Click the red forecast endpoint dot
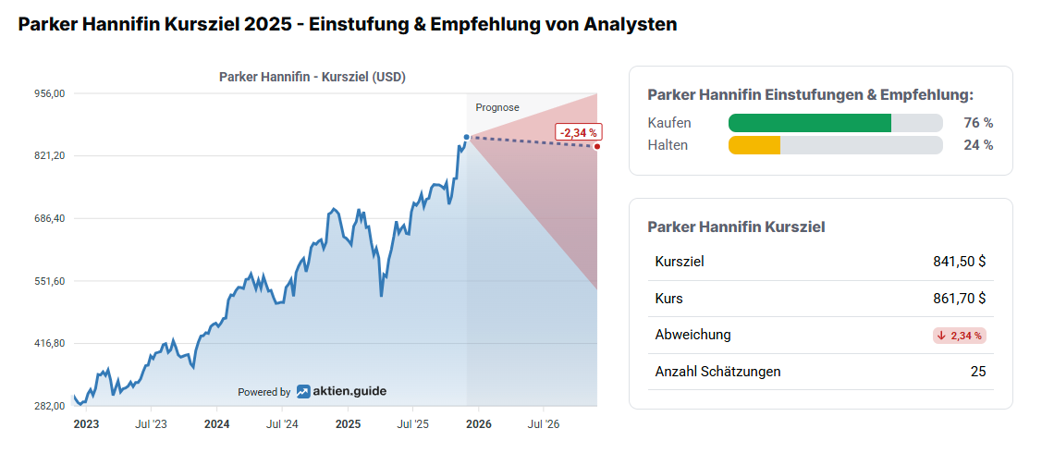tap(597, 146)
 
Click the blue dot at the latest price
tap(467, 137)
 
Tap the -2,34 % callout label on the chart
tap(579, 133)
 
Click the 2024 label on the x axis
tap(216, 424)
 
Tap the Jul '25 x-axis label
tap(412, 424)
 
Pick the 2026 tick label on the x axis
tap(478, 424)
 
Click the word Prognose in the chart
tap(497, 107)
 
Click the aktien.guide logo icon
tap(303, 391)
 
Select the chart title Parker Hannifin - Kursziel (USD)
tap(313, 77)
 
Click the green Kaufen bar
tap(810, 123)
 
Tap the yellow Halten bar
tap(754, 145)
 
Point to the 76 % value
tap(978, 123)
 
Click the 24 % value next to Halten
tap(978, 145)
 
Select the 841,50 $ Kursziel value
tap(960, 262)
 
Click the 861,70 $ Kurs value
tap(960, 299)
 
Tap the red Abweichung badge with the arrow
tap(960, 336)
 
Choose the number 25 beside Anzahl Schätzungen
tap(978, 372)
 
